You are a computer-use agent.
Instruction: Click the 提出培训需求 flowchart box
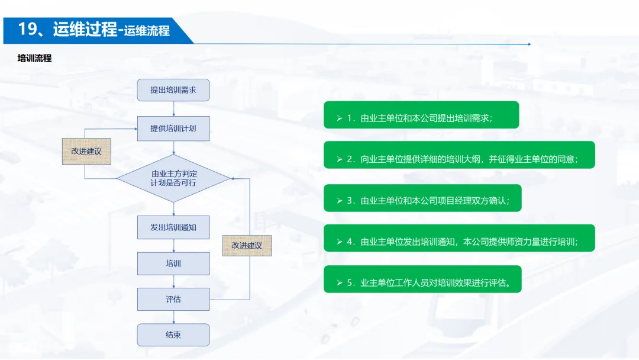pyautogui.click(x=173, y=91)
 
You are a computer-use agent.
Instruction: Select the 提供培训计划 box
pyautogui.click(x=173, y=128)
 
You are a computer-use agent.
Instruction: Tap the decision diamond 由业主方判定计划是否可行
pyautogui.click(x=173, y=178)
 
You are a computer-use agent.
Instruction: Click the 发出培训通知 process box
pyautogui.click(x=173, y=227)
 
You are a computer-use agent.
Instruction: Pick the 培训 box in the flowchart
pyautogui.click(x=173, y=263)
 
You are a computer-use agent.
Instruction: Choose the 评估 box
pyautogui.click(x=173, y=299)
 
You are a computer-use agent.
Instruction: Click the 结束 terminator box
pyautogui.click(x=173, y=335)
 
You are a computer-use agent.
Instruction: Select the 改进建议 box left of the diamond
pyautogui.click(x=86, y=151)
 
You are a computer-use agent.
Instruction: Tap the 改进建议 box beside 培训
pyautogui.click(x=247, y=245)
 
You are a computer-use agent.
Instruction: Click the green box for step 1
pyautogui.click(x=421, y=115)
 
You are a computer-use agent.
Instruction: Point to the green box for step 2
pyautogui.click(x=459, y=155)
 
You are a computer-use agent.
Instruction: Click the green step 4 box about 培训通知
pyautogui.click(x=459, y=238)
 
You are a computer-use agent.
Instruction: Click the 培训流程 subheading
pyautogui.click(x=35, y=59)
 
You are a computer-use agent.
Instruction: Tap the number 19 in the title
pyautogui.click(x=27, y=29)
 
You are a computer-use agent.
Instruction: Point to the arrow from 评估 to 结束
pyautogui.click(x=173, y=317)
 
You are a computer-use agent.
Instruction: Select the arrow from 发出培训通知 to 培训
pyautogui.click(x=173, y=246)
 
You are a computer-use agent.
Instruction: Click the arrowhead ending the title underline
pyautogui.click(x=528, y=44)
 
